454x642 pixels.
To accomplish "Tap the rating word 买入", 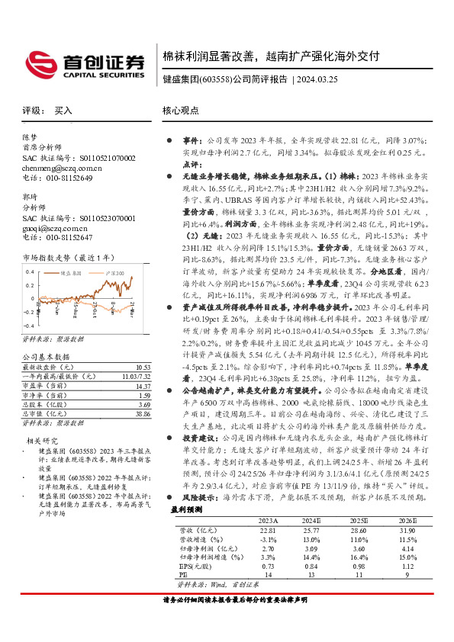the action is pos(63,111).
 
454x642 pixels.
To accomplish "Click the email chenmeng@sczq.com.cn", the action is pos(61,168).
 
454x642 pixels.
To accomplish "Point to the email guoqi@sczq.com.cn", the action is pos(56,227).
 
